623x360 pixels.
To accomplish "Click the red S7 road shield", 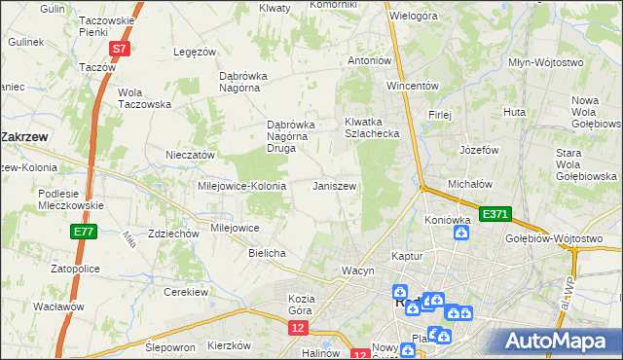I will [118, 48].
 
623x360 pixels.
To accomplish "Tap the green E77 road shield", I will [83, 232].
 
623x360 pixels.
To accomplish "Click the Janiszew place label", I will [334, 186].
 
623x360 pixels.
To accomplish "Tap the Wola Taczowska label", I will [143, 98].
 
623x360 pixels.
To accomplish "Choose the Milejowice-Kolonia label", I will [241, 186].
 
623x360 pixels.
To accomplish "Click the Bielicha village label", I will [267, 253].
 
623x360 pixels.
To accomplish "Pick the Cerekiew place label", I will [187, 292].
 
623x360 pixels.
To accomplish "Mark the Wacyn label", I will [357, 270].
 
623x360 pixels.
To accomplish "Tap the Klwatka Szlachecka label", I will [372, 127].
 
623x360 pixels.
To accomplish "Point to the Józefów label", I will [479, 151].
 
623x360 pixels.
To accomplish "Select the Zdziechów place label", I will [147, 234].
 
